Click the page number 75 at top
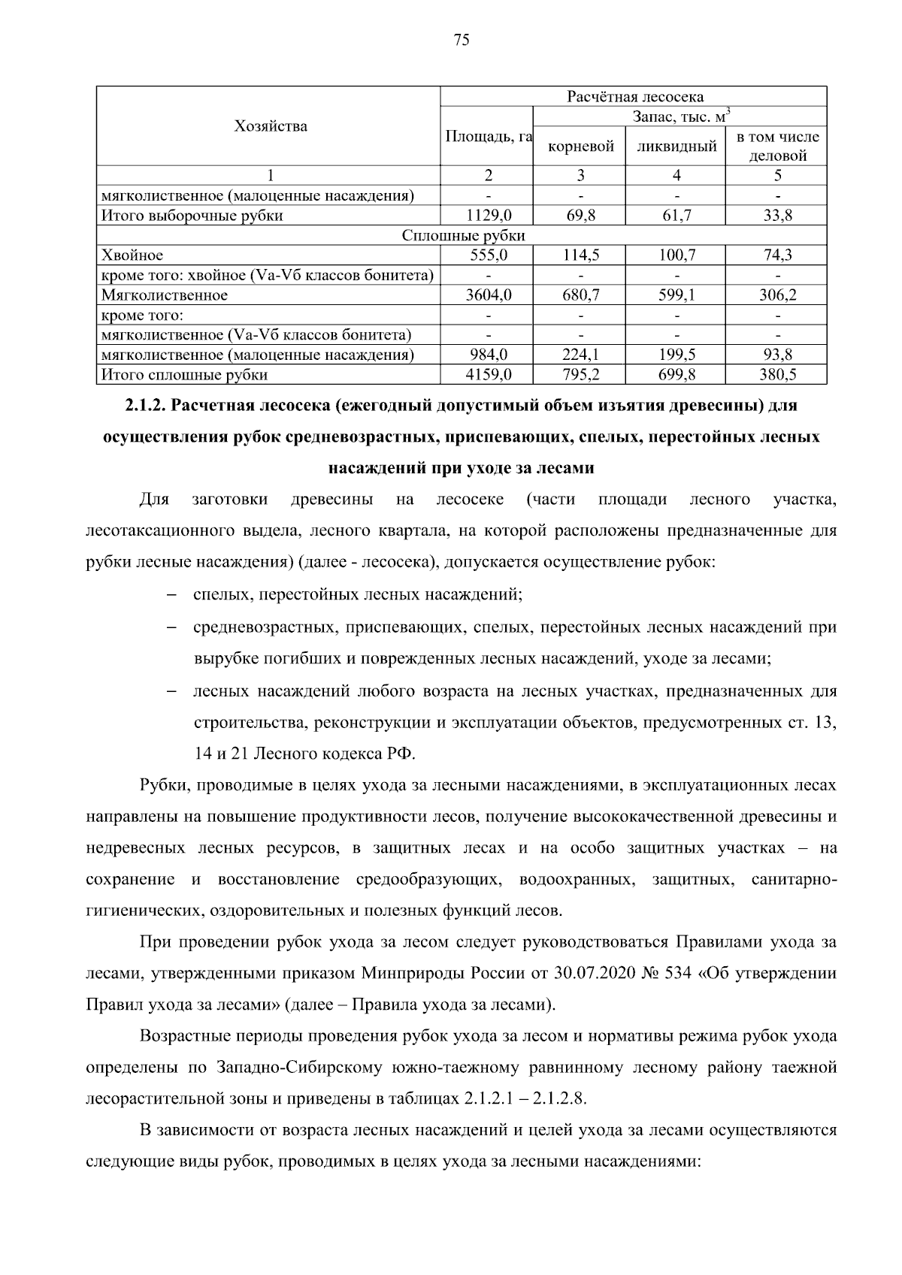tap(462, 41)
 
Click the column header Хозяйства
tap(271, 126)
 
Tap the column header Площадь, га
tap(489, 137)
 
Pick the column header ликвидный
tap(676, 147)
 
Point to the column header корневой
tap(581, 147)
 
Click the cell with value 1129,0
tap(489, 216)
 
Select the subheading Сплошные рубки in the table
tap(463, 235)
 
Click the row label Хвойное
tap(132, 255)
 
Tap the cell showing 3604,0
tap(489, 295)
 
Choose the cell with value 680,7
tap(581, 295)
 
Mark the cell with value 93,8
tap(777, 355)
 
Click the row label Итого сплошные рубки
tap(185, 374)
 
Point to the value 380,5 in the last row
tap(777, 374)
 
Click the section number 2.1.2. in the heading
tap(147, 406)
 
